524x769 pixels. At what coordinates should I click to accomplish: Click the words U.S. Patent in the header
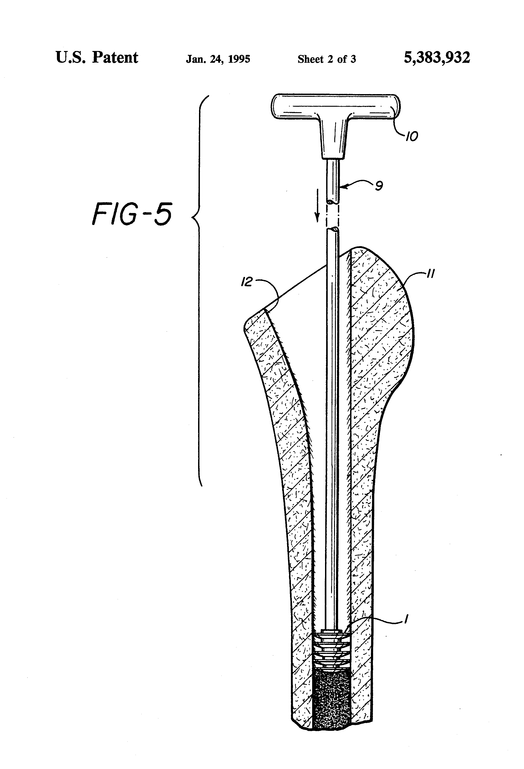tap(97, 57)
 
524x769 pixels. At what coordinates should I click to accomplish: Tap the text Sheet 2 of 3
tap(326, 59)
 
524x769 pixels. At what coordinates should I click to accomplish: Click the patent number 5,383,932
tap(437, 57)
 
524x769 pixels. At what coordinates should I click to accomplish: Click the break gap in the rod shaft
tap(332, 215)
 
